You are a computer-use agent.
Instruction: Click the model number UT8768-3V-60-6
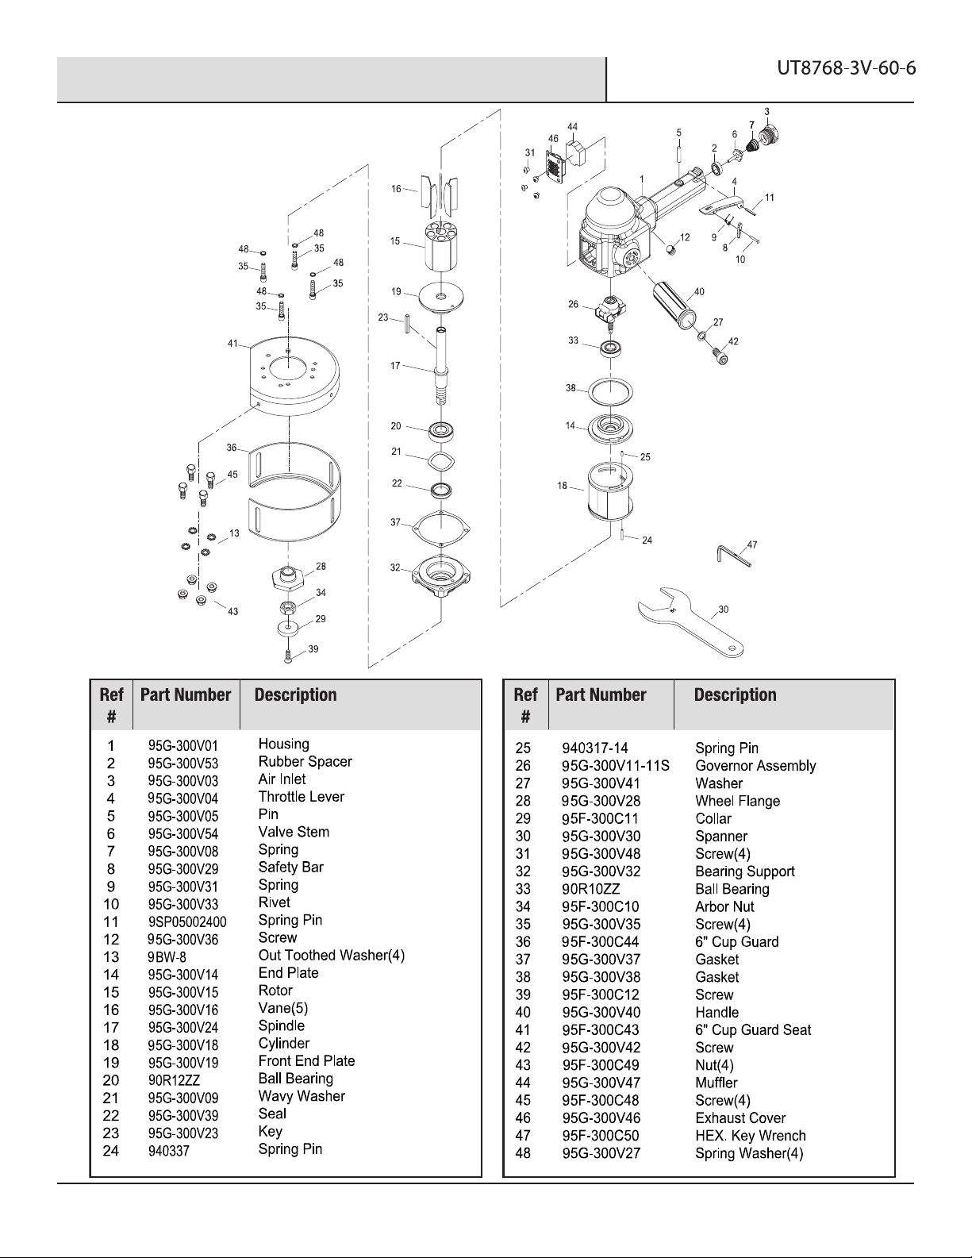(846, 69)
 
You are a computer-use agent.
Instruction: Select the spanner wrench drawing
(691, 621)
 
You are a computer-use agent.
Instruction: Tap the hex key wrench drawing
(732, 556)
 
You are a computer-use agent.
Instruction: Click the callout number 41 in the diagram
(232, 344)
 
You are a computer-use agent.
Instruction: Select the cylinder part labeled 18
(611, 493)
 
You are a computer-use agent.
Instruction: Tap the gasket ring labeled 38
(610, 392)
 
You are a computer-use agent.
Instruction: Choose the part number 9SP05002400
(187, 921)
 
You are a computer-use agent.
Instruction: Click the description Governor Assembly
(755, 765)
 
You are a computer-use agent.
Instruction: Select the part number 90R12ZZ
(174, 1080)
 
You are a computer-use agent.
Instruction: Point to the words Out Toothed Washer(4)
(332, 955)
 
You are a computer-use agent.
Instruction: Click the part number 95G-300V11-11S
(616, 766)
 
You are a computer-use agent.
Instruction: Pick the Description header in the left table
(296, 694)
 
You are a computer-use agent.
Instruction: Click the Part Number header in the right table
(601, 694)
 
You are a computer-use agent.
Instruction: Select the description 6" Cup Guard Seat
(753, 1030)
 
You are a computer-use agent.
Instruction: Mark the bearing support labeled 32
(441, 579)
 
